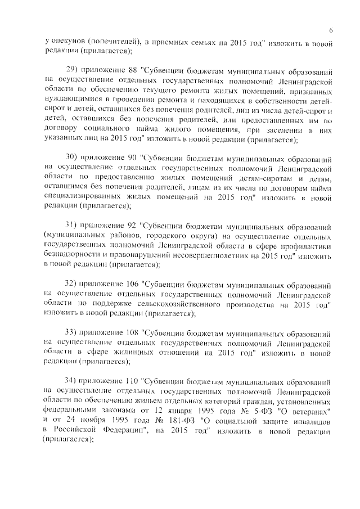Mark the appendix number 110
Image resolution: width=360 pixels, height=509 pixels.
coord(132,379)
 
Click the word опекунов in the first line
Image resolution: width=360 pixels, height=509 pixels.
coord(69,42)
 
